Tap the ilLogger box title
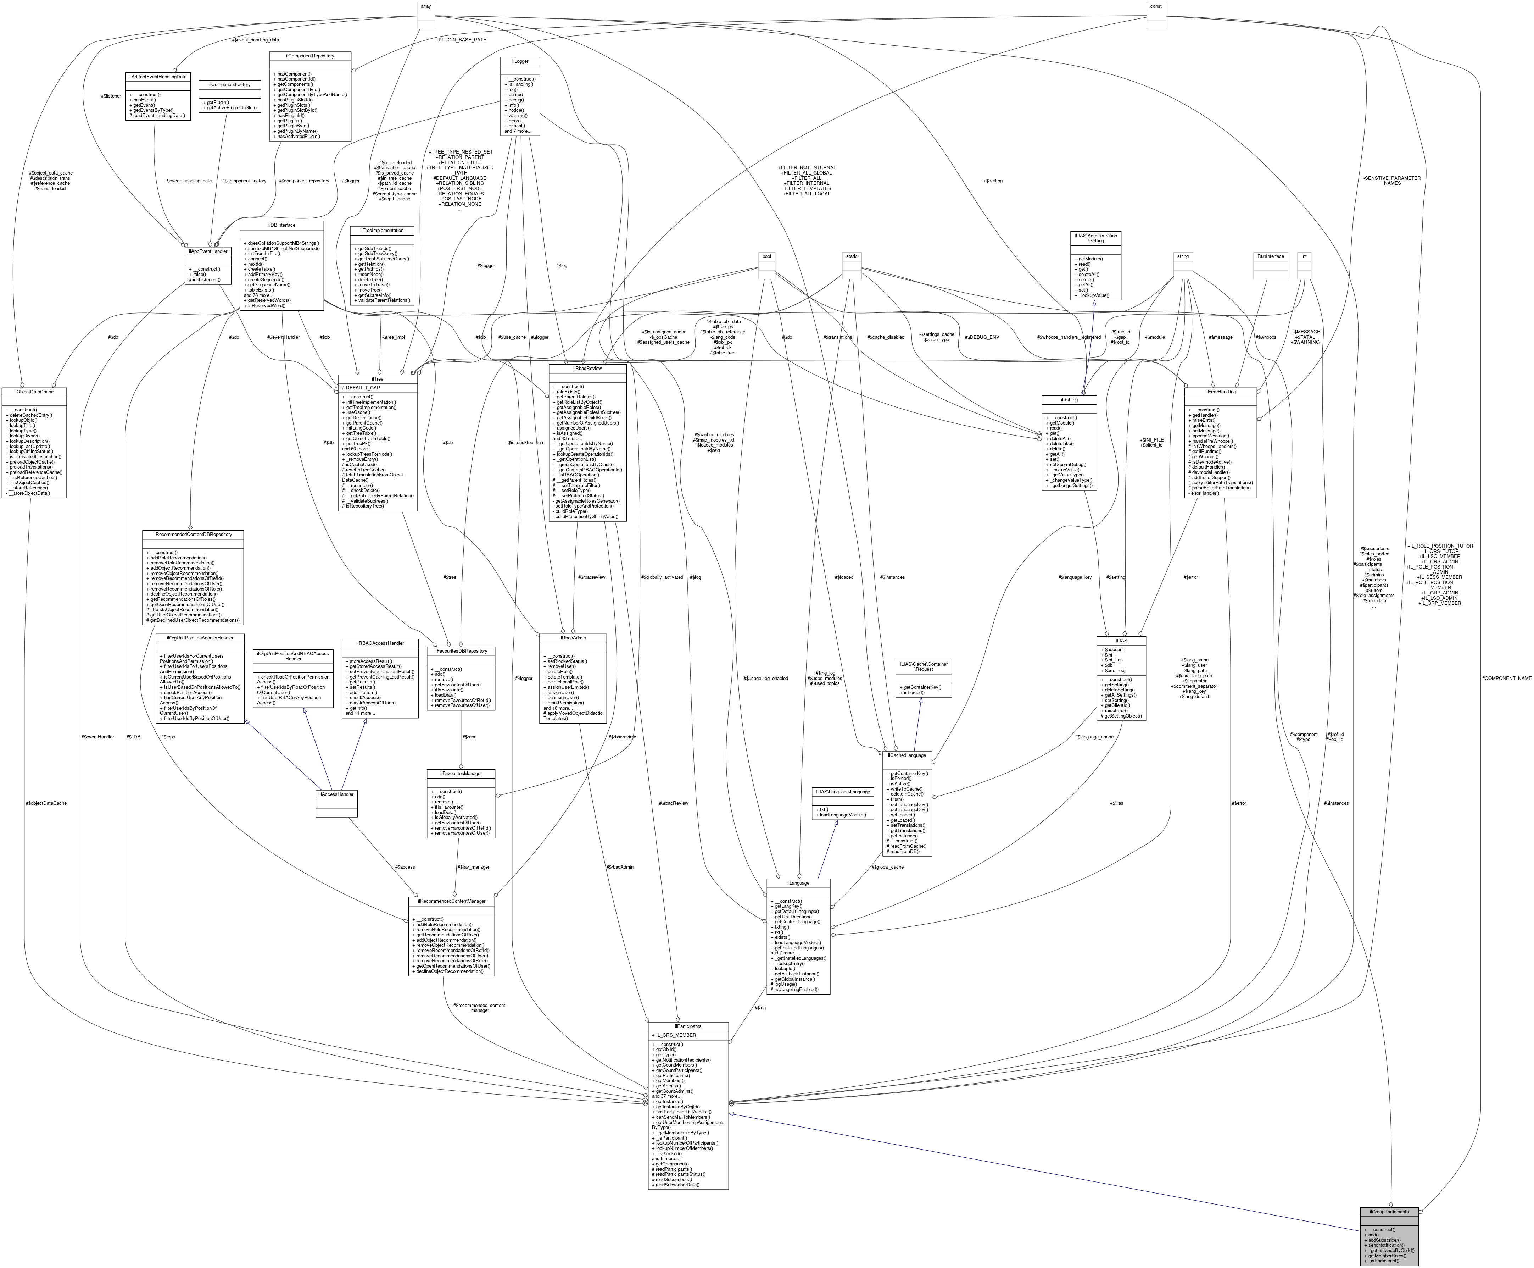pyautogui.click(x=520, y=61)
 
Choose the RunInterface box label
pyautogui.click(x=1270, y=256)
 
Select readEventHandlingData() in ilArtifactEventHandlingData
pyautogui.click(x=158, y=115)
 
